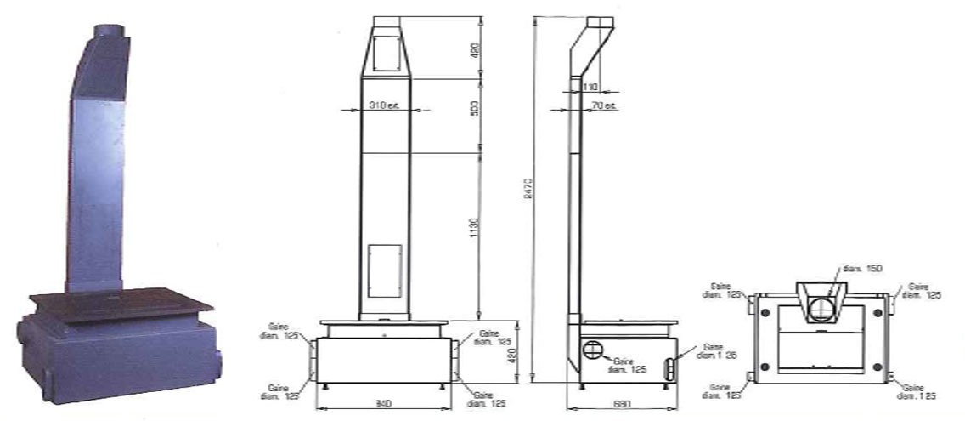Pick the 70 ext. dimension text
tap(604, 105)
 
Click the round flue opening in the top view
tap(822, 308)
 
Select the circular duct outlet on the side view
tap(594, 348)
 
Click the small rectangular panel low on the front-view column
tap(386, 270)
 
